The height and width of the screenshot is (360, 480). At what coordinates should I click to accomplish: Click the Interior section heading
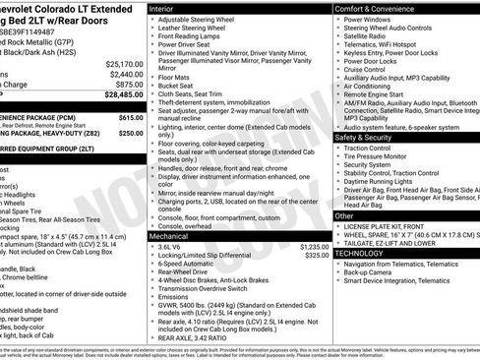163,8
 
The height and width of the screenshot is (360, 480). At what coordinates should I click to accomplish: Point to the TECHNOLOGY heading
362,253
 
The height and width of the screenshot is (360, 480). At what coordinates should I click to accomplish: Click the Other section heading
345,214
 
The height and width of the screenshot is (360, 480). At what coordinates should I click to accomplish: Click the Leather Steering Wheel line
194,29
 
